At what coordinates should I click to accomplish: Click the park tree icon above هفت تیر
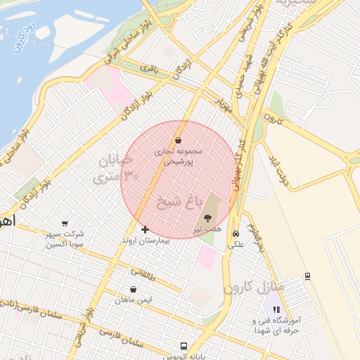click(206, 219)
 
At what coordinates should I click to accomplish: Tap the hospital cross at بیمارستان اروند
click(145, 229)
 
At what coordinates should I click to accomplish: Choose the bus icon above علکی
click(236, 234)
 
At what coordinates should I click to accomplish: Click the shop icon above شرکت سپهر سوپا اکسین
click(65, 223)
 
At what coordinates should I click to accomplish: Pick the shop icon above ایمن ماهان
click(134, 289)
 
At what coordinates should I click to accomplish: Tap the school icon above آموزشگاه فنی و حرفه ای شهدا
click(276, 309)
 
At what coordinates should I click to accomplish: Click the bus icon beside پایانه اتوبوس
click(184, 347)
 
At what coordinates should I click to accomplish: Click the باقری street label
click(150, 69)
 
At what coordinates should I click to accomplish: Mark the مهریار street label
click(223, 106)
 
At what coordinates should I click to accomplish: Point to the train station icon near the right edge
click(307, 276)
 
